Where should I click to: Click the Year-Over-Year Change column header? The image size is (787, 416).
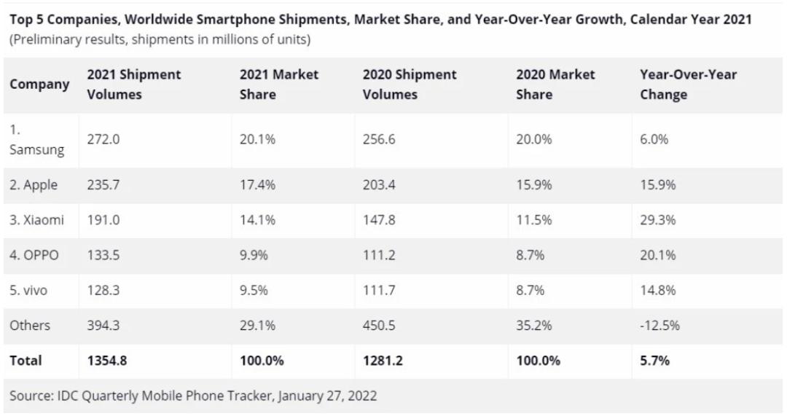point(688,85)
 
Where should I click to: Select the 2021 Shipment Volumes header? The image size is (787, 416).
point(133,85)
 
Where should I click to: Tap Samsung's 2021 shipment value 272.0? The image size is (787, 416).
point(103,139)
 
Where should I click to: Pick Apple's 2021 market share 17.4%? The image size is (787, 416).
point(257,185)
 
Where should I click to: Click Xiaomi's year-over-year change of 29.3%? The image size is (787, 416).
point(657,220)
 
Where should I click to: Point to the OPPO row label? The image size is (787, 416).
point(34,255)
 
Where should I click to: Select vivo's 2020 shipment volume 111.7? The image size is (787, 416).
point(379,290)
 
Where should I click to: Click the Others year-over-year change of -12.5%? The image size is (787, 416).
point(659,326)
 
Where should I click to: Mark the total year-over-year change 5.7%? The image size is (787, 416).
point(654,361)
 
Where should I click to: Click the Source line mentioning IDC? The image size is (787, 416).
point(192,396)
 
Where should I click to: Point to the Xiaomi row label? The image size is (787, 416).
point(36,220)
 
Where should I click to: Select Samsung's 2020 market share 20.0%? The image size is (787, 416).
point(534,139)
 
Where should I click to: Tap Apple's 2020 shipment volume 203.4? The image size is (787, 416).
point(379,185)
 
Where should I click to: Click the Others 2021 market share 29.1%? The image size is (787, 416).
point(257,326)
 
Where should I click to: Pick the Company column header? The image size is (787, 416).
point(39,85)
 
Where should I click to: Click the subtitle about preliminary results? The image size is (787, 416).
point(160,40)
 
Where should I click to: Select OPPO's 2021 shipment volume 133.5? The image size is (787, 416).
point(103,255)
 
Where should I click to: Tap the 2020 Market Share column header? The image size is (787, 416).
point(555,85)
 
